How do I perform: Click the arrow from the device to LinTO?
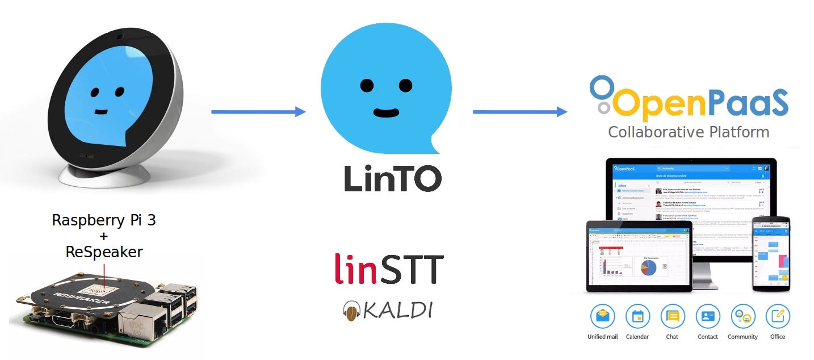pyautogui.click(x=258, y=112)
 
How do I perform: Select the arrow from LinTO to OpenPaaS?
pyautogui.click(x=519, y=112)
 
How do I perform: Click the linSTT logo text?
pyautogui.click(x=389, y=269)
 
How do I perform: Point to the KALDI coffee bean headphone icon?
pyautogui.click(x=351, y=311)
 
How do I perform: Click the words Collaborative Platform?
pyautogui.click(x=689, y=132)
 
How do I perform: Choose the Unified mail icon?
pyautogui.click(x=602, y=317)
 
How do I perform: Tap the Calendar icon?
pyautogui.click(x=637, y=317)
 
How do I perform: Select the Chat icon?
pyautogui.click(x=672, y=317)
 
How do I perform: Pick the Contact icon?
pyautogui.click(x=707, y=317)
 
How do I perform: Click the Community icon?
pyautogui.click(x=742, y=317)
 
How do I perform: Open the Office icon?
pyautogui.click(x=777, y=317)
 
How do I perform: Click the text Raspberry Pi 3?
pyautogui.click(x=104, y=220)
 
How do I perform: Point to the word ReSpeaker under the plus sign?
pyautogui.click(x=104, y=252)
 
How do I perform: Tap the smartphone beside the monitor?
pyautogui.click(x=770, y=253)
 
